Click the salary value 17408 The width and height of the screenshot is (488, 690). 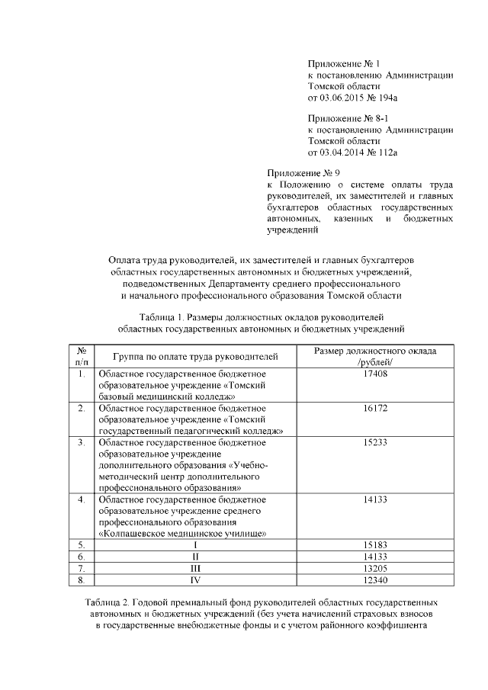click(376, 374)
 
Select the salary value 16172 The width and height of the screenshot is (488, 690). click(376, 409)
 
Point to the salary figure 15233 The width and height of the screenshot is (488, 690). click(376, 443)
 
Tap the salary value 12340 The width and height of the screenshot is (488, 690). click(376, 580)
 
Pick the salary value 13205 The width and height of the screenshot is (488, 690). click(376, 569)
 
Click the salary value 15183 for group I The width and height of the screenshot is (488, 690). click(376, 546)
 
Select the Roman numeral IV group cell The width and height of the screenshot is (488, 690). click(195, 580)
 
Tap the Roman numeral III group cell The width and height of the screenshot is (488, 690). click(195, 569)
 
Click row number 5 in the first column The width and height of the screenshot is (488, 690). click(81, 546)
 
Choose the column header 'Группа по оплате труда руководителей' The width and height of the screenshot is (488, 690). click(195, 357)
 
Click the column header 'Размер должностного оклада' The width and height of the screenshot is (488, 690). click(376, 351)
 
